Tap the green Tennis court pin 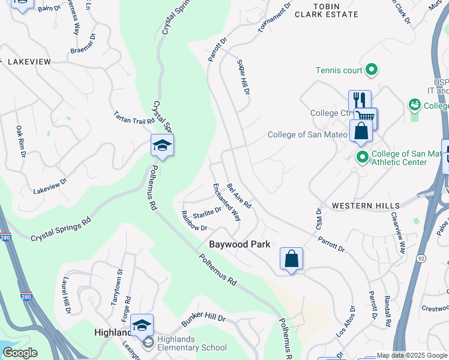tap(372, 70)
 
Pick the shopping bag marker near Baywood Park tap(291, 259)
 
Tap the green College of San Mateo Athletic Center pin tap(362, 158)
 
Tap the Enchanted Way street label tap(227, 202)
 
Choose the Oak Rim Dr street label tap(21, 141)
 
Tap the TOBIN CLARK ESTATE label tap(327, 10)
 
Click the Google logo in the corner tap(20, 353)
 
